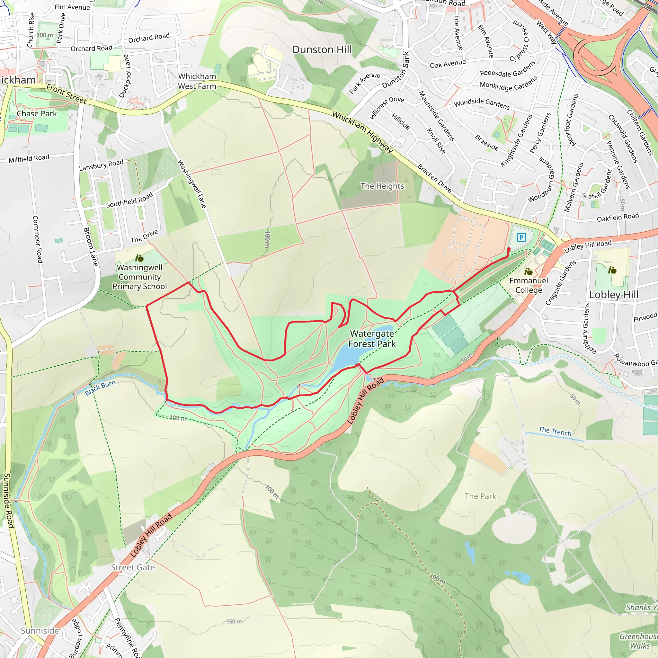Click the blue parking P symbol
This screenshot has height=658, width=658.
point(521,237)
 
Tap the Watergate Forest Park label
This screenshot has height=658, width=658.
point(372,339)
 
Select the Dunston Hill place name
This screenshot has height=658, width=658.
point(322,50)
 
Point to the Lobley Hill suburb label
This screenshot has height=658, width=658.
point(614,295)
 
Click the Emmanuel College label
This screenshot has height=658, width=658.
point(529,285)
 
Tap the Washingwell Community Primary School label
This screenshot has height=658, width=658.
point(140,277)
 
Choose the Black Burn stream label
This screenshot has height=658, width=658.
point(101,388)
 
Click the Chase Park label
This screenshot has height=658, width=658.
point(37,114)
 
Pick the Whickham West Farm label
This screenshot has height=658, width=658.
point(197,81)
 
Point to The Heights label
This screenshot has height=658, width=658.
point(382,186)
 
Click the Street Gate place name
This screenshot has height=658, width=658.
point(133,567)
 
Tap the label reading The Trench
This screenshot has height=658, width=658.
point(555,431)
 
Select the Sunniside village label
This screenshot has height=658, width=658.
point(40,631)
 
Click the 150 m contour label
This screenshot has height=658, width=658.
point(234,622)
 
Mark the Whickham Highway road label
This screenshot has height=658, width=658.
point(363,132)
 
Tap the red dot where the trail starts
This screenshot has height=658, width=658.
point(509,249)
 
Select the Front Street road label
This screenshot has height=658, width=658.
point(67,94)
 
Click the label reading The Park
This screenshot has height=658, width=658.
point(480,496)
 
